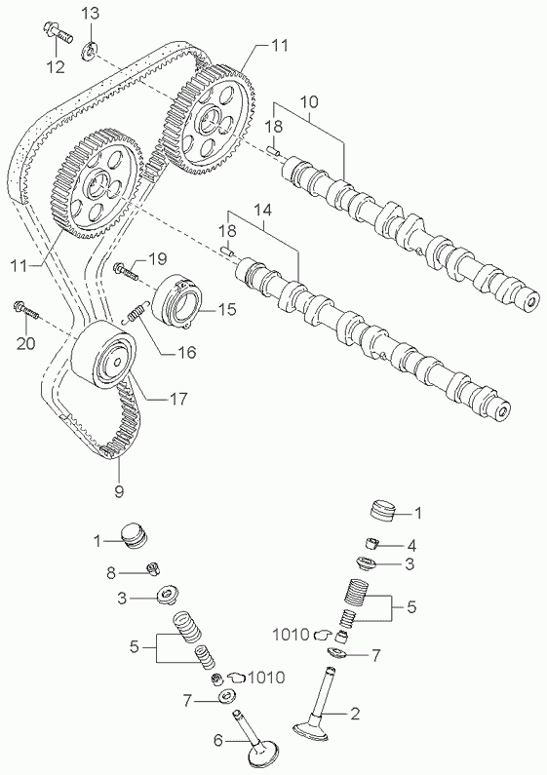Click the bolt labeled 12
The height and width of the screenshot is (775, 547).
pyautogui.click(x=58, y=31)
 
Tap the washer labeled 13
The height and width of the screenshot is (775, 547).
pyautogui.click(x=90, y=51)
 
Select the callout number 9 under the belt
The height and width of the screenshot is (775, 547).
pyautogui.click(x=119, y=490)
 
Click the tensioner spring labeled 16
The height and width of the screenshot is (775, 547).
pyautogui.click(x=136, y=312)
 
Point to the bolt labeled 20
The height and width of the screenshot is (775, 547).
pyautogui.click(x=26, y=309)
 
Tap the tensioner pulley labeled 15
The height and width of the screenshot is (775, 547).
pyautogui.click(x=176, y=300)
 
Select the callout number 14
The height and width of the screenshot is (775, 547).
pyautogui.click(x=263, y=210)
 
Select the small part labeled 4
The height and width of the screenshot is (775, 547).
pyautogui.click(x=371, y=543)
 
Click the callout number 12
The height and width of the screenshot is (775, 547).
pyautogui.click(x=56, y=66)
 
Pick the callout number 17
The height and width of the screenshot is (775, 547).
pyautogui.click(x=178, y=398)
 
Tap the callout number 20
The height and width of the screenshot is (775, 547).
pyautogui.click(x=25, y=342)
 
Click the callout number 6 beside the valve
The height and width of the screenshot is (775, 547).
pyautogui.click(x=218, y=740)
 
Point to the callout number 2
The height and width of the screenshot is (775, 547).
pyautogui.click(x=355, y=714)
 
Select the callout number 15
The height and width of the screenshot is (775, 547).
pyautogui.click(x=227, y=309)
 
